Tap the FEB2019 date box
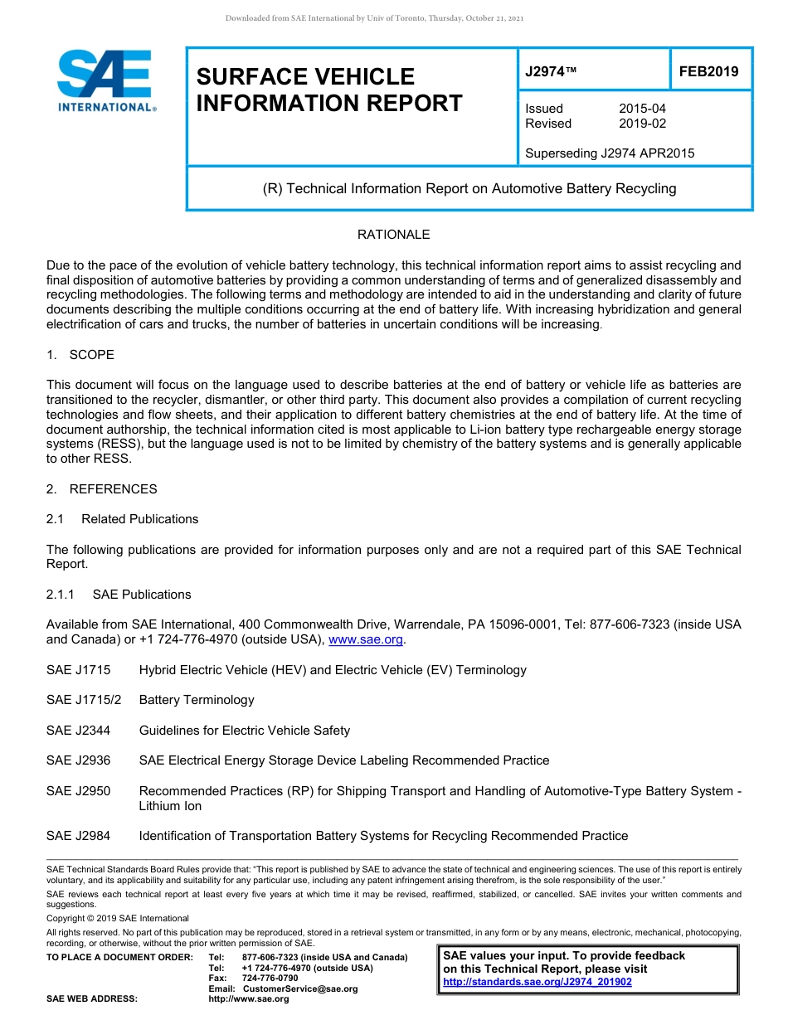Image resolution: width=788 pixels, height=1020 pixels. (x=709, y=71)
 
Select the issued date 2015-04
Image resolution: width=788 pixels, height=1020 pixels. (x=642, y=109)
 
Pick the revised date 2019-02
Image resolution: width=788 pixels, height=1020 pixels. (x=642, y=124)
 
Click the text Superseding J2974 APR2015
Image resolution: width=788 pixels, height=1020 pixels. (x=610, y=153)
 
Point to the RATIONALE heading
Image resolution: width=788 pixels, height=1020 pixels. (x=393, y=235)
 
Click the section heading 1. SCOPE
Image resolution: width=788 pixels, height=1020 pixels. (x=80, y=355)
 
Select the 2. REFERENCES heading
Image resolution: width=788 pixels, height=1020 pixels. (x=101, y=489)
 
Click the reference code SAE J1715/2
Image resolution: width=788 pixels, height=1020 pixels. (x=84, y=700)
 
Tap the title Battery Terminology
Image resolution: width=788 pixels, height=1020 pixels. (x=197, y=700)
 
